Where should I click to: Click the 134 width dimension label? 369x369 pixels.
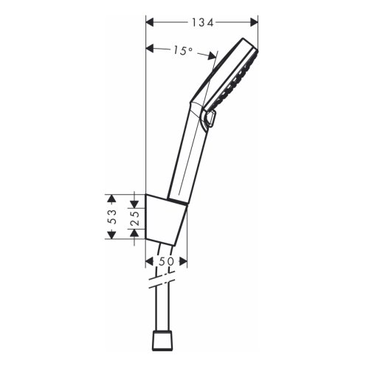click(x=201, y=23)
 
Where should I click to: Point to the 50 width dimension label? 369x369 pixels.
click(x=167, y=261)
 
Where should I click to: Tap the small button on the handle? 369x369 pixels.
click(x=212, y=120)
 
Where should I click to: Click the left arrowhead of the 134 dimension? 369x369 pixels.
click(x=149, y=23)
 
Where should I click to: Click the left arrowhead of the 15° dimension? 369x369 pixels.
click(x=150, y=50)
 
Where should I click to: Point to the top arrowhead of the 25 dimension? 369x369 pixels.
click(x=134, y=199)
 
